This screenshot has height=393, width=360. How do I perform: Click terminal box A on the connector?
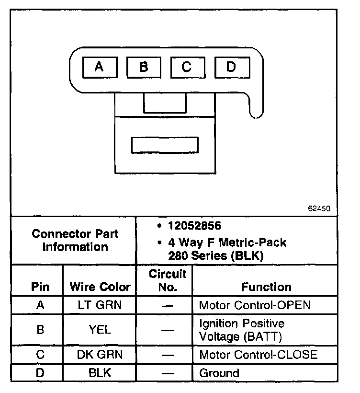click(x=99, y=67)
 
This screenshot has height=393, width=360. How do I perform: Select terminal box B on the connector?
click(x=143, y=67)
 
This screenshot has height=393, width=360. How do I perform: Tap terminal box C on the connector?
click(x=186, y=67)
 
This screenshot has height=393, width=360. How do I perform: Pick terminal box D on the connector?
click(x=231, y=67)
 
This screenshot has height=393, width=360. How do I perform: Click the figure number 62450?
click(x=319, y=209)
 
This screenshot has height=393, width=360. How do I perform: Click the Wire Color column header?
click(x=100, y=287)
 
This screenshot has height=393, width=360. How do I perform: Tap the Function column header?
click(x=266, y=287)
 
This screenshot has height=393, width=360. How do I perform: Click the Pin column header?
click(x=41, y=287)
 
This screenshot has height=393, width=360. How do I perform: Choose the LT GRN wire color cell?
click(x=100, y=305)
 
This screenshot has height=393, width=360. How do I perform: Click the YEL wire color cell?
click(x=100, y=329)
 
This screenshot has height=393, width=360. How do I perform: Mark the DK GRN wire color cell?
click(x=100, y=355)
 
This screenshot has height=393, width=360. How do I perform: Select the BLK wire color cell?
click(x=100, y=372)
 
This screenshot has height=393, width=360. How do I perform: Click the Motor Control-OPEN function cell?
click(x=255, y=305)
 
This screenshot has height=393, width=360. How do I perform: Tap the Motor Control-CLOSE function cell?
click(x=258, y=355)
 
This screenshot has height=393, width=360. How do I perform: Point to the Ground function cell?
click(x=219, y=372)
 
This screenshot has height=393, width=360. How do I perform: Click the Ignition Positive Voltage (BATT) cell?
click(x=241, y=330)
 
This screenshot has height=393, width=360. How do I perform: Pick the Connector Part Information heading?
click(x=75, y=241)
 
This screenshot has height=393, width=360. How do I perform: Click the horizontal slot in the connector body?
click(x=165, y=145)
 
